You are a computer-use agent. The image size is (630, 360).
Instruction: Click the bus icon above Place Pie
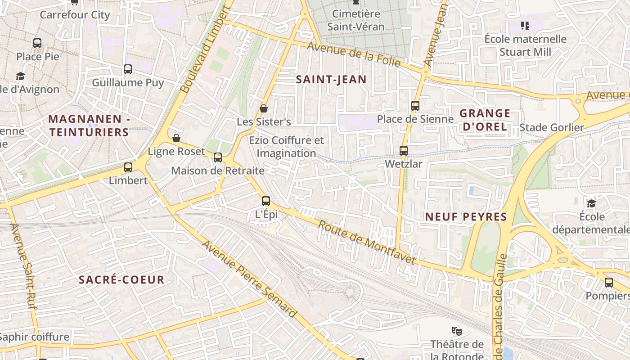(37, 43)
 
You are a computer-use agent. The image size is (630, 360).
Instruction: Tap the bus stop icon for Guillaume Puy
(128, 69)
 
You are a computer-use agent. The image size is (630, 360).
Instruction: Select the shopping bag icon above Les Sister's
(264, 108)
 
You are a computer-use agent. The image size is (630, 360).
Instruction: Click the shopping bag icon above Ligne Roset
(176, 138)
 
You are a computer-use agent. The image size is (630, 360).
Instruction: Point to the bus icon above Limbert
(128, 167)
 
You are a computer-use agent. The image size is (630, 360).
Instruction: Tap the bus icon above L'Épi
(266, 201)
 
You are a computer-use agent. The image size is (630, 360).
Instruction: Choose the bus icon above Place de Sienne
(415, 106)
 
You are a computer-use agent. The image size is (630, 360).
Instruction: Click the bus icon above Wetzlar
(404, 151)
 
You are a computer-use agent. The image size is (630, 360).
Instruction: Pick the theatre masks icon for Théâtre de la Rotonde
(457, 332)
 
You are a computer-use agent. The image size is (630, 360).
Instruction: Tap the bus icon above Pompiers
(608, 283)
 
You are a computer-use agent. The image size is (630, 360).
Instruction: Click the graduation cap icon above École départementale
(591, 203)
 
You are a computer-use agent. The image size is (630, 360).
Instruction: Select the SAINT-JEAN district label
(331, 80)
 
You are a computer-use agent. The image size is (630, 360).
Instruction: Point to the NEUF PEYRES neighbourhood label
(466, 217)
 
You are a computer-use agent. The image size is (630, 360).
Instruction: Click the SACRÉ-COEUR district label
(121, 280)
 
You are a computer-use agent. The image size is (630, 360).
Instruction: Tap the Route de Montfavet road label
(367, 242)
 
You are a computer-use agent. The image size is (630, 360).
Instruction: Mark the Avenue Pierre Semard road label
(249, 279)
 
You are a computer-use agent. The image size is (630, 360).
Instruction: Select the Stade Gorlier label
(551, 127)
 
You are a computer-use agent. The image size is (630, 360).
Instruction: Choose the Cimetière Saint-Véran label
(356, 20)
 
